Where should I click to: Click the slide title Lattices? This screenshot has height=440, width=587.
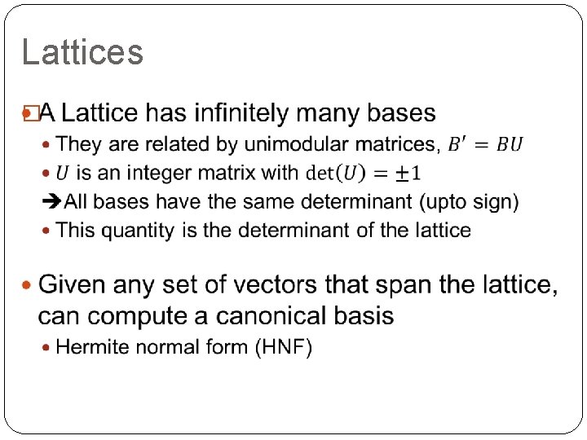pyautogui.click(x=82, y=53)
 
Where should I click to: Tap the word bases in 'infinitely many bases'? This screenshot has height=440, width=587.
pyautogui.click(x=401, y=112)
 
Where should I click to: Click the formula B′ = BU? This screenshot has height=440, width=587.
pyautogui.click(x=486, y=144)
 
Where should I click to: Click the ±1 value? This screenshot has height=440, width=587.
pyautogui.click(x=404, y=173)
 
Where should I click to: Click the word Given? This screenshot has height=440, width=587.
pyautogui.click(x=72, y=285)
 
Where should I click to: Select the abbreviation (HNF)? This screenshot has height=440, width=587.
pyautogui.click(x=284, y=347)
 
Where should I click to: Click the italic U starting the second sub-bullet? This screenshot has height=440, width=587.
pyautogui.click(x=63, y=173)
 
